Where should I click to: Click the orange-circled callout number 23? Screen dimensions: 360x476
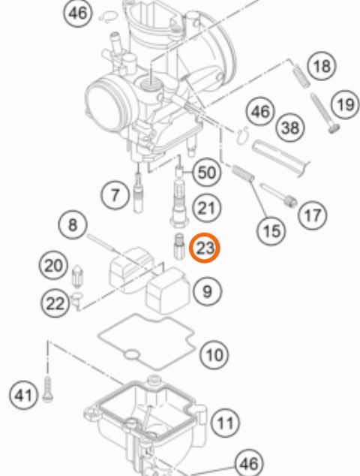(x=204, y=248)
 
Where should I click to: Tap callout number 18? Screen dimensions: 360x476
(x=322, y=66)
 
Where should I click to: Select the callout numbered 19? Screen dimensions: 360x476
(x=346, y=105)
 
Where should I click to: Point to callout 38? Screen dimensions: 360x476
(x=290, y=128)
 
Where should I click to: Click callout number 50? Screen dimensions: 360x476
(x=206, y=173)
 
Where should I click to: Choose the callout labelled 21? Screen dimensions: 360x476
(x=206, y=208)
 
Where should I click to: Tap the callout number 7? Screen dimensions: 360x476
(x=115, y=194)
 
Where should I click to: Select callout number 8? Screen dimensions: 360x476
(x=73, y=225)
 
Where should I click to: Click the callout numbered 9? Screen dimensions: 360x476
(x=207, y=291)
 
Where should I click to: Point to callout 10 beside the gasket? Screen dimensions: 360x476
(x=214, y=354)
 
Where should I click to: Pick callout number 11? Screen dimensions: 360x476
(x=225, y=423)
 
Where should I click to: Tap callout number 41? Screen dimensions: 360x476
(x=24, y=395)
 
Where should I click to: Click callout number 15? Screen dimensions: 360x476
(x=271, y=231)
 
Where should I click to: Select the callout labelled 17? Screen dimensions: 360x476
(x=313, y=215)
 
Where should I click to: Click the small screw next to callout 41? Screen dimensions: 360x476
(x=47, y=390)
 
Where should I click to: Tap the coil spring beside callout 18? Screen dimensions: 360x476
(x=301, y=77)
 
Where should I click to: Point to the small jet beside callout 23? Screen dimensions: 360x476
(x=179, y=246)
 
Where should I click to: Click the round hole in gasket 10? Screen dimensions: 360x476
(x=132, y=354)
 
